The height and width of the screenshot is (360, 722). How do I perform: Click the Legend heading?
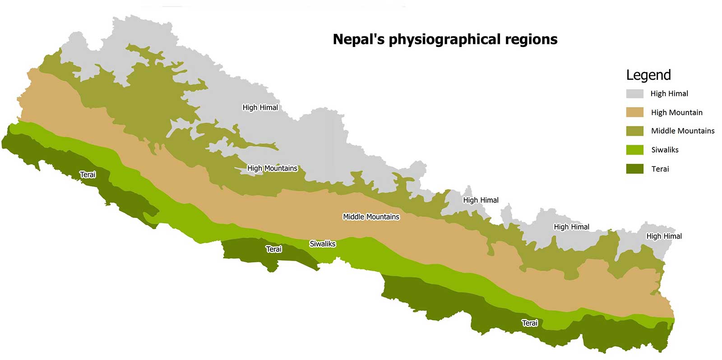[x=648, y=75]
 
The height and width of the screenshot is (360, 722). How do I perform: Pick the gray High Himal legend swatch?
[x=634, y=93]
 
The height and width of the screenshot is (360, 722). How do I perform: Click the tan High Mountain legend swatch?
[x=634, y=112]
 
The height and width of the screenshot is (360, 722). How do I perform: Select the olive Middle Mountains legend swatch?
[x=634, y=131]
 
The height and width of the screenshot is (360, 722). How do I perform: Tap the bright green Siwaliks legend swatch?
[x=634, y=150]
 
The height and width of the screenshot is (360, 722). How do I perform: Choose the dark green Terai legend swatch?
[x=634, y=169]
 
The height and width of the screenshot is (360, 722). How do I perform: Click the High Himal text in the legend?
[x=669, y=93]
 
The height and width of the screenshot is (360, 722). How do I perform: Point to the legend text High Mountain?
[x=676, y=112]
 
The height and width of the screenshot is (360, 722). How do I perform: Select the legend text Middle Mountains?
[x=683, y=131]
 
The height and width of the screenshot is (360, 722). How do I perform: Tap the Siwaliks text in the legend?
[x=665, y=150]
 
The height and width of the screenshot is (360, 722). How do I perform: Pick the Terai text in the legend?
[x=660, y=169]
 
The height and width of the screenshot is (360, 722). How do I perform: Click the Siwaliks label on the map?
[x=323, y=244]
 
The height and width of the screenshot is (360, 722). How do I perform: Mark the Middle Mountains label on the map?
[x=371, y=217]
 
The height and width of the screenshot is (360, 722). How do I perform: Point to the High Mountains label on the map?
[x=272, y=168]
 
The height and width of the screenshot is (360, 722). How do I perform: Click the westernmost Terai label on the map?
[x=88, y=175]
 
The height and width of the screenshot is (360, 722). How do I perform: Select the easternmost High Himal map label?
[x=664, y=236]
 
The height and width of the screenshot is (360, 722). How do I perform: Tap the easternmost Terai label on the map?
[x=530, y=323]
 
